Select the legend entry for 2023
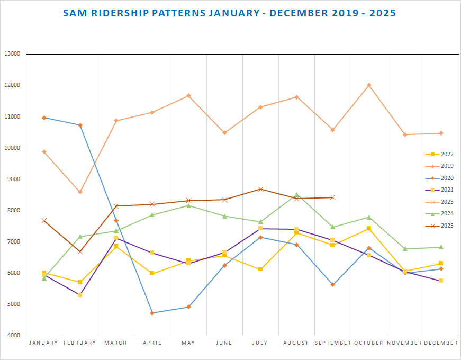(x=440, y=202)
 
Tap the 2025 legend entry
(x=440, y=226)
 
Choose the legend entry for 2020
(x=440, y=178)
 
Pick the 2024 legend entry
(x=440, y=214)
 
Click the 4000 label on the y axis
(x=13, y=336)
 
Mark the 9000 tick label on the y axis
(x=13, y=179)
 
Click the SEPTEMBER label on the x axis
(x=332, y=343)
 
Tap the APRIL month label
(x=152, y=343)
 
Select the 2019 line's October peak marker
(x=369, y=85)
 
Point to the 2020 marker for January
(x=44, y=118)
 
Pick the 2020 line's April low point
(x=152, y=313)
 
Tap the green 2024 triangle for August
(x=296, y=194)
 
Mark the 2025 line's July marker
(x=260, y=189)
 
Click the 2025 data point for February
(x=80, y=251)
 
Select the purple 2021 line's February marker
(x=80, y=294)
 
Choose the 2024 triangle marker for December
(x=441, y=247)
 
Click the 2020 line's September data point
(x=332, y=285)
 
